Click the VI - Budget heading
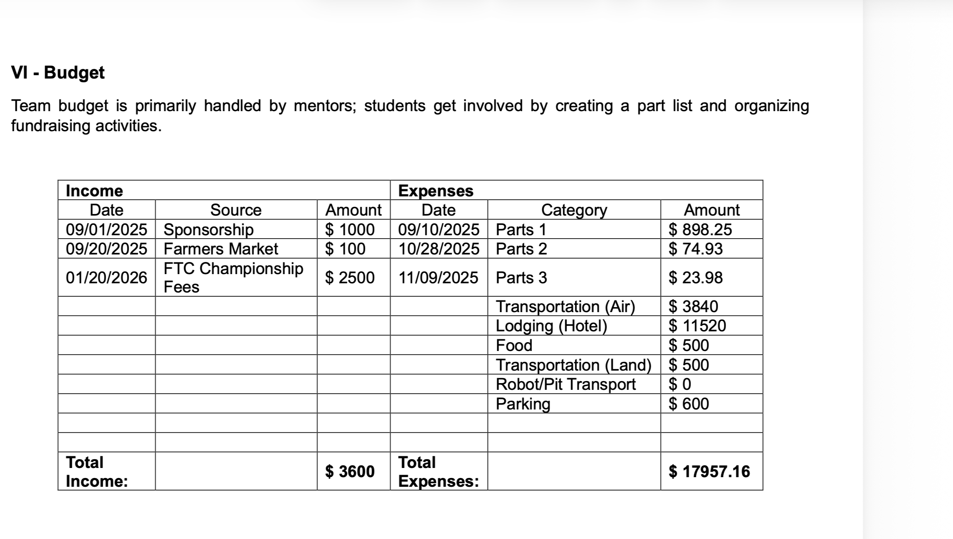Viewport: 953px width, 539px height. click(x=58, y=73)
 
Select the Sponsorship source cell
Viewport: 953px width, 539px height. click(x=208, y=229)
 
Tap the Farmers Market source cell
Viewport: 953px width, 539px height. click(x=220, y=249)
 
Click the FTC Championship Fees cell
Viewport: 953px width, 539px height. click(x=233, y=277)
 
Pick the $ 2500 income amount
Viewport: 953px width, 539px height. click(x=350, y=278)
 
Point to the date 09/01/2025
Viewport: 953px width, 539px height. click(x=106, y=229)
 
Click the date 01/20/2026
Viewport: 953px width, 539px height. click(x=106, y=278)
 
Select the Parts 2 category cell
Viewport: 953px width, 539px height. click(x=521, y=249)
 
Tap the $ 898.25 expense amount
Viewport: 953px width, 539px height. click(x=700, y=229)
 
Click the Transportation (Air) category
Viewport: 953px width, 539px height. click(x=565, y=307)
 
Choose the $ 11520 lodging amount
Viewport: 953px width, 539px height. click(x=697, y=326)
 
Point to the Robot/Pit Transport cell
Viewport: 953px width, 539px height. click(x=565, y=384)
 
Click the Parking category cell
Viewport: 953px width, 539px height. click(x=523, y=404)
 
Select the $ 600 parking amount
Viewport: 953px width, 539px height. click(x=689, y=404)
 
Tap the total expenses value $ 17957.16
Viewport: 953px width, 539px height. click(x=709, y=472)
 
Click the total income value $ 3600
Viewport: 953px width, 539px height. click(x=350, y=472)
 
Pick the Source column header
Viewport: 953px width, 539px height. click(x=236, y=210)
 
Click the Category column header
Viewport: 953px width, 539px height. click(x=574, y=210)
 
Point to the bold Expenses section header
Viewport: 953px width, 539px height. click(x=436, y=191)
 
